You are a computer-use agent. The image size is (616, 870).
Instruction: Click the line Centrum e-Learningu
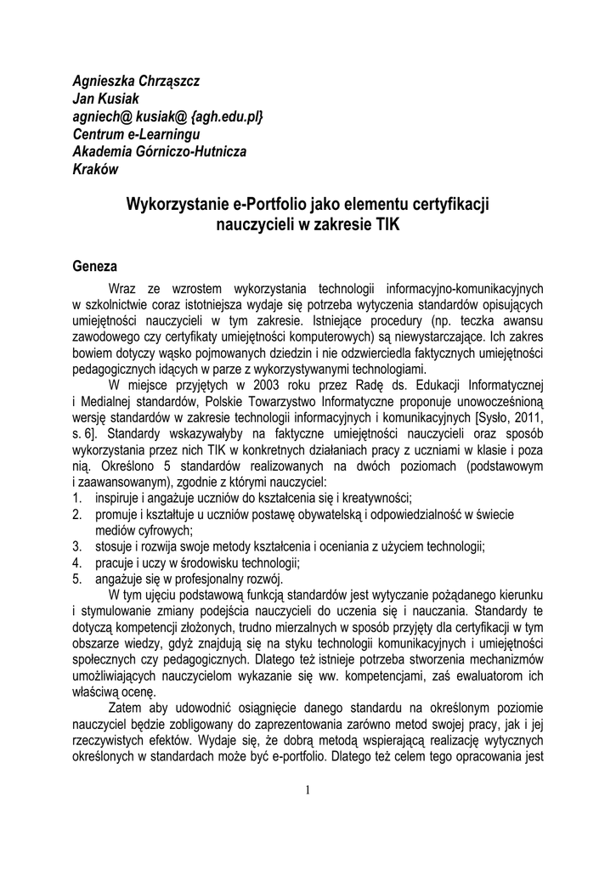point(136,133)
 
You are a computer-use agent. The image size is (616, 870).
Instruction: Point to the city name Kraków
point(96,168)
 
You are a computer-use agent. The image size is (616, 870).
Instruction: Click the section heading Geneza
point(95,266)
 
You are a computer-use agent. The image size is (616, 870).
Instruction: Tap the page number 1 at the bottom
point(308,790)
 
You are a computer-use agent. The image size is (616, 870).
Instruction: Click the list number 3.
point(76,545)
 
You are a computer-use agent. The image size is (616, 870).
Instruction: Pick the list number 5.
point(76,578)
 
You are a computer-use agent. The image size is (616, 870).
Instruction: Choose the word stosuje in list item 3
point(116,545)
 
